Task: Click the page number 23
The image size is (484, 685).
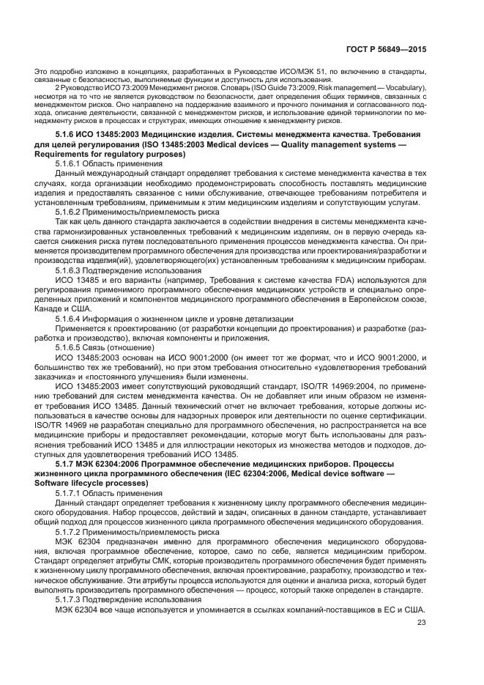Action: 421,623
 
